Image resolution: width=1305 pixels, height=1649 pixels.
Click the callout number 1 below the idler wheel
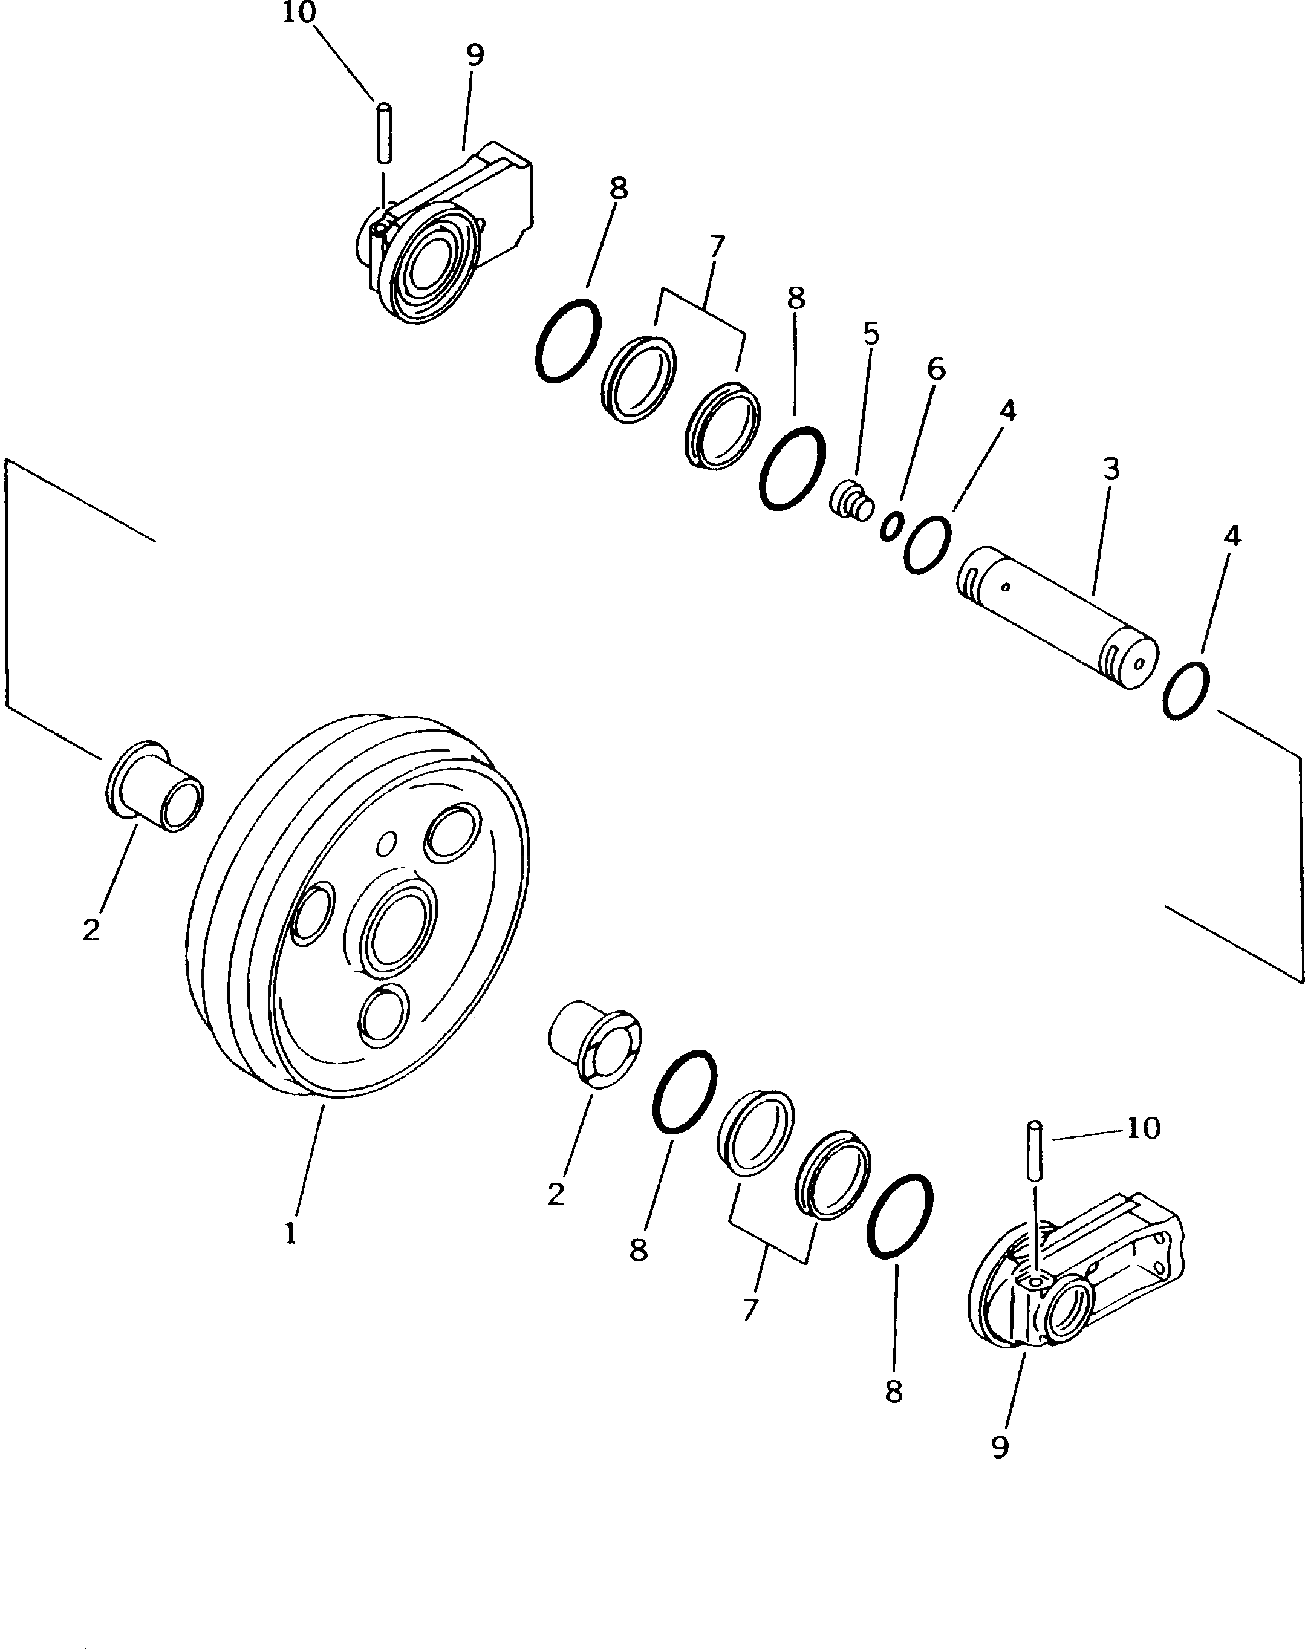(290, 1234)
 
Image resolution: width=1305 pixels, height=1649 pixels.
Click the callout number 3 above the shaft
(1111, 469)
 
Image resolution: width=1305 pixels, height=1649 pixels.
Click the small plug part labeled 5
(852, 501)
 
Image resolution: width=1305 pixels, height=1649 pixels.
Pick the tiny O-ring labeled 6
(891, 527)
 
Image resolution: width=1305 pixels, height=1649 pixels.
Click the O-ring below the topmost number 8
(567, 340)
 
